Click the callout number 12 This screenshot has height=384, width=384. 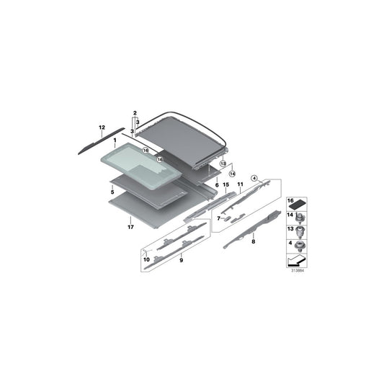click(x=102, y=128)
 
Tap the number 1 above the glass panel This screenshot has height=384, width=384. click(x=115, y=140)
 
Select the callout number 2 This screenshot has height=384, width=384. click(x=135, y=113)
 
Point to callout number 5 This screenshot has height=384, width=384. click(x=112, y=192)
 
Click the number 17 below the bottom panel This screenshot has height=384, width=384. click(x=130, y=227)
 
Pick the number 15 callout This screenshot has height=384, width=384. click(x=226, y=184)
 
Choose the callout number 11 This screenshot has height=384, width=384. click(x=240, y=184)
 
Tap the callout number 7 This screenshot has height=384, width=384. click(x=219, y=218)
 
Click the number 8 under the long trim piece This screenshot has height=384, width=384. click(x=253, y=241)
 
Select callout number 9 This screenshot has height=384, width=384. click(x=182, y=260)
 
